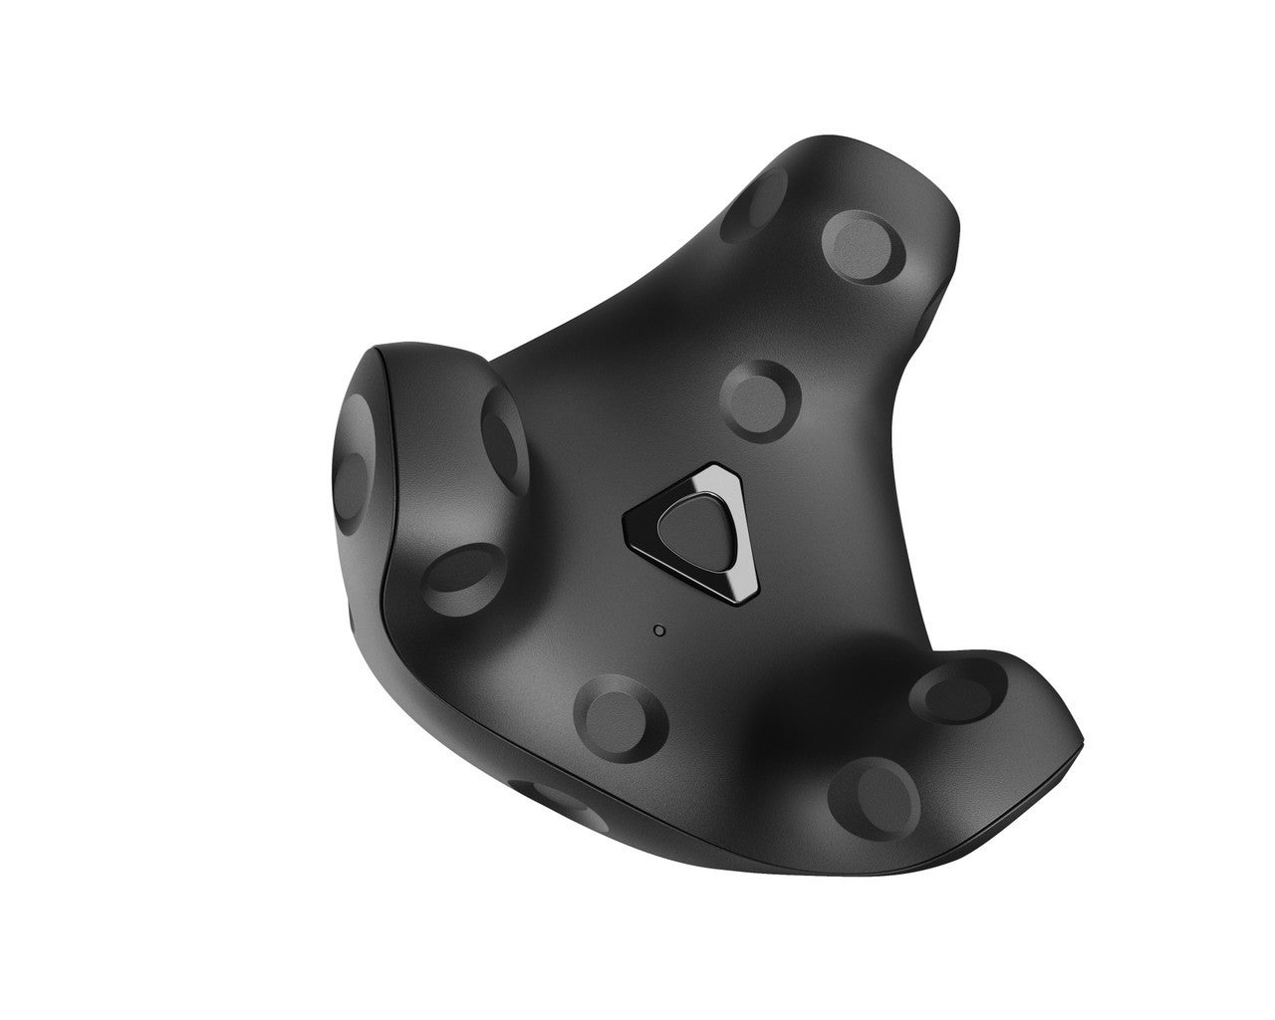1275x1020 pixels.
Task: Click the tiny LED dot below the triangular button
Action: point(657,630)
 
